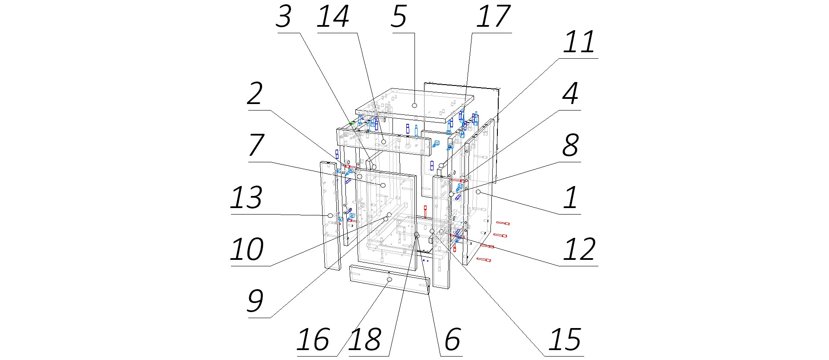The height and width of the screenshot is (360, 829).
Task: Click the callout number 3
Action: pos(284,18)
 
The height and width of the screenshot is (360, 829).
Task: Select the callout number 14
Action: pos(333,18)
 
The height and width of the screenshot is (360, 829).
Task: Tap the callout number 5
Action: pos(399,18)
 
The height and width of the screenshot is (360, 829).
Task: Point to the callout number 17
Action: pos(493,18)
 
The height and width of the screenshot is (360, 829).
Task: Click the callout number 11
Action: pos(579,43)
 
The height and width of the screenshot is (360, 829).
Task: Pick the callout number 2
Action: pos(255,95)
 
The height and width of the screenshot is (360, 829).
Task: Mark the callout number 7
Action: pos(256,146)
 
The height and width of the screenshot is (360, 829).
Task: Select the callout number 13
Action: pos(246,198)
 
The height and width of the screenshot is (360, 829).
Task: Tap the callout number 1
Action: pos(571,198)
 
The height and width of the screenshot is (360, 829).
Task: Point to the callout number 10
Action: pos(247,250)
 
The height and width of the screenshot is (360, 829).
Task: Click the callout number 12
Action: pos(579,250)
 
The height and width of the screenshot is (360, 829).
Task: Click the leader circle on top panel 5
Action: pos(414,105)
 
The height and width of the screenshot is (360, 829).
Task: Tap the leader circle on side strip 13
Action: pos(330,215)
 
